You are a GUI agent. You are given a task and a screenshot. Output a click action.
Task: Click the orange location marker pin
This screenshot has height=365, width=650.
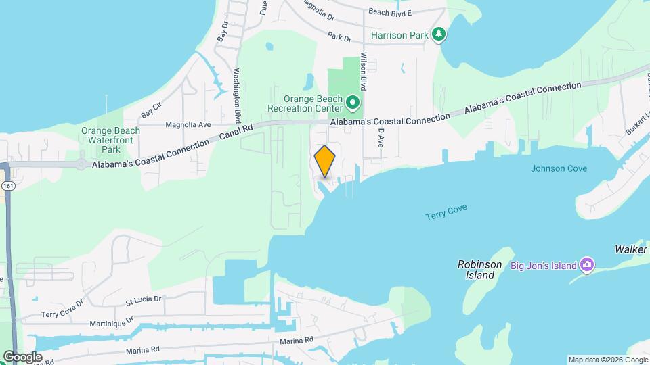[x=325, y=161]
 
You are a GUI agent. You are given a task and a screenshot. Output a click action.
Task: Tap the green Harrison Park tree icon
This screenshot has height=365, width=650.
[x=439, y=34]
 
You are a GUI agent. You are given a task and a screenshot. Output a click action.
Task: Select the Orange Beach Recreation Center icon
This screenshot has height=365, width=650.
[x=353, y=103]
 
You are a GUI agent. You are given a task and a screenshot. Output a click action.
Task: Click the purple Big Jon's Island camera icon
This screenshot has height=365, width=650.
[x=587, y=264]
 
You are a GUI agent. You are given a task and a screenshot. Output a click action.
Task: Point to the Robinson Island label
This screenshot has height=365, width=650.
[x=479, y=270]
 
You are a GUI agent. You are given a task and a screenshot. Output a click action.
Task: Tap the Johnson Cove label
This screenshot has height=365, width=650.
[x=559, y=168]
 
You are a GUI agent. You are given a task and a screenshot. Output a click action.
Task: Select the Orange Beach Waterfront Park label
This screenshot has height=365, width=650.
[x=110, y=140]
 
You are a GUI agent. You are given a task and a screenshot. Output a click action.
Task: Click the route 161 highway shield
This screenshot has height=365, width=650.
[x=7, y=185]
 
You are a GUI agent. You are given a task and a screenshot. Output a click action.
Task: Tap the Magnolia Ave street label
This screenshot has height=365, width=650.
[x=189, y=124]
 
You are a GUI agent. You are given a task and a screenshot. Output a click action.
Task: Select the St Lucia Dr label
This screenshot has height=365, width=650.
[x=144, y=298]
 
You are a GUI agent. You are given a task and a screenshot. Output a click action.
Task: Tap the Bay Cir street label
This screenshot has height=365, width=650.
[x=152, y=107]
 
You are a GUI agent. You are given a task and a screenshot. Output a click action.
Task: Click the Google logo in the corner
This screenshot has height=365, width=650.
[x=22, y=357]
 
